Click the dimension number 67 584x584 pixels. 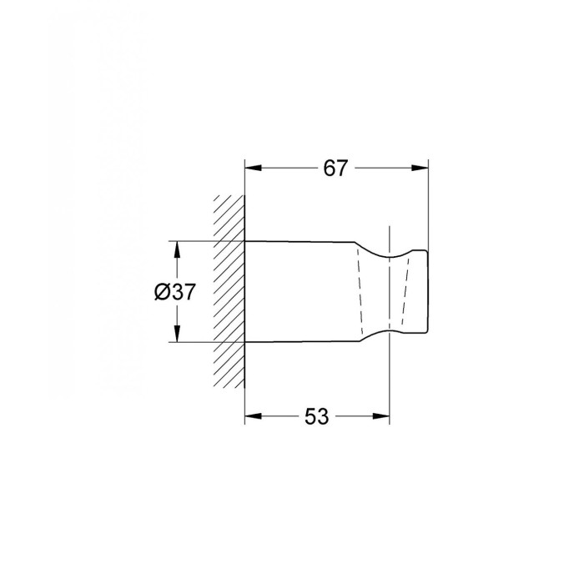point(335,168)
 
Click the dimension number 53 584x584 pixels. point(317,416)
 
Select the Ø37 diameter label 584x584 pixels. point(174,292)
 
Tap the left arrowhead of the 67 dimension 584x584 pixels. point(253,168)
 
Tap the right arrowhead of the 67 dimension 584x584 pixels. point(420,168)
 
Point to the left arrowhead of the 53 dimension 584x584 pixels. point(253,416)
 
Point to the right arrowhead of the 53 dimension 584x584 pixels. point(381,416)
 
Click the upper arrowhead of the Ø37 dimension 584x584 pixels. point(177,249)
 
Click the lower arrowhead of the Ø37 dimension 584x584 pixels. point(177,334)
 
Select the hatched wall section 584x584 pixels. point(229,292)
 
